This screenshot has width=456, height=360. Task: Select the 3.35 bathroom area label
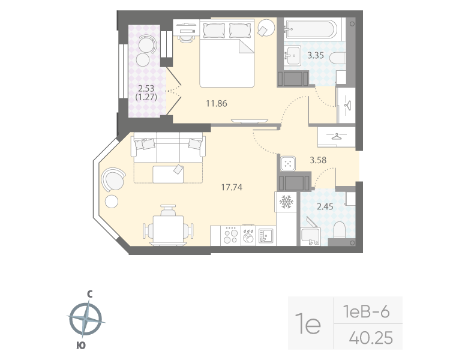click(316, 56)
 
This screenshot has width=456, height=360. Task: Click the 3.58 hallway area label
click(319, 160)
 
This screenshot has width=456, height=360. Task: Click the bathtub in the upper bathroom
click(312, 29)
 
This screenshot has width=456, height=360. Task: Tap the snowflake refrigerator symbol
click(286, 202)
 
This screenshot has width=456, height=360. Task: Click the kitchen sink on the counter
click(266, 235)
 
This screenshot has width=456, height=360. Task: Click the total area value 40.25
click(370, 338)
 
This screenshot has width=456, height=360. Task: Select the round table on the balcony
click(144, 60)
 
